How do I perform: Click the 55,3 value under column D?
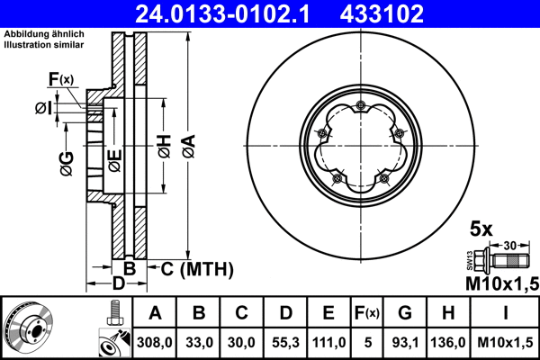point(284,343)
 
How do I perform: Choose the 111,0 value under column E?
point(328,343)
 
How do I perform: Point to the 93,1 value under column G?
point(405,343)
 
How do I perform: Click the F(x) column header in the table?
point(366,314)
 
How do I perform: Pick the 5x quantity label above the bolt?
point(482,229)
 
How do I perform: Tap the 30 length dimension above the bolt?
point(509,244)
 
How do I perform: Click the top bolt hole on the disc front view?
point(361,108)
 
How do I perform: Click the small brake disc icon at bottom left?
point(26,327)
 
